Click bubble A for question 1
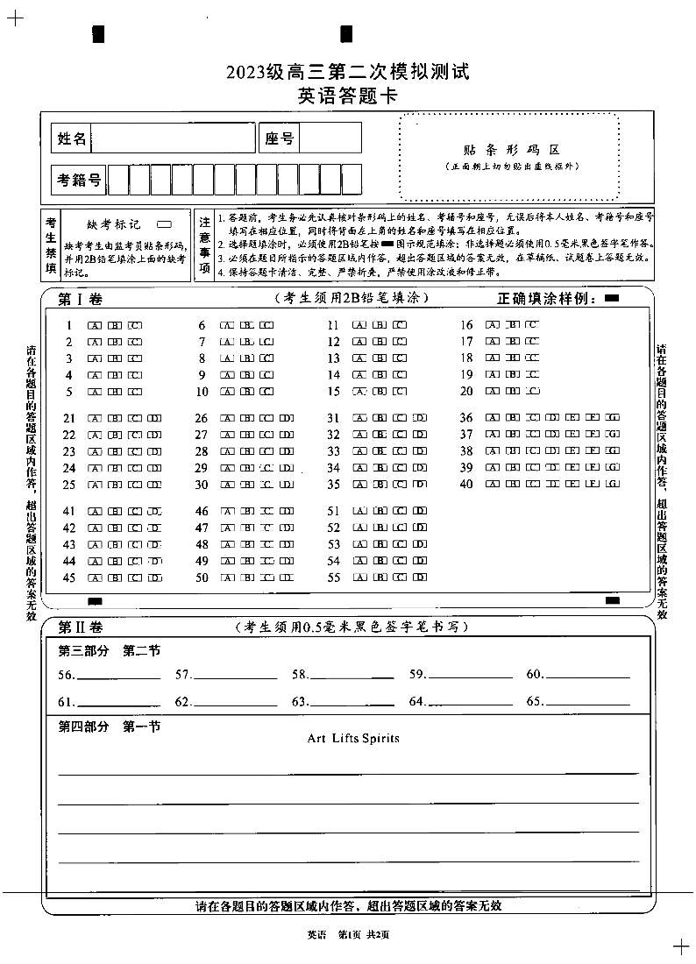pyautogui.click(x=94, y=325)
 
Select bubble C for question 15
pyautogui.click(x=400, y=392)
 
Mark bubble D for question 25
pyautogui.click(x=154, y=485)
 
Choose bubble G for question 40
pyautogui.click(x=612, y=485)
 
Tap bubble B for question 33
pyautogui.click(x=380, y=451)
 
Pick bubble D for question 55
pyautogui.click(x=420, y=578)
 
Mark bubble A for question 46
pyautogui.click(x=226, y=512)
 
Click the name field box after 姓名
pyautogui.click(x=172, y=138)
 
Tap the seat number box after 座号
pyautogui.click(x=330, y=138)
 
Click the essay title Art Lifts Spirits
pyautogui.click(x=353, y=739)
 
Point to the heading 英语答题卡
pyautogui.click(x=347, y=96)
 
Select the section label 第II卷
pyautogui.click(x=81, y=627)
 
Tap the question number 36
pyautogui.click(x=465, y=418)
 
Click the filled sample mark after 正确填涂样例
pyautogui.click(x=612, y=299)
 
